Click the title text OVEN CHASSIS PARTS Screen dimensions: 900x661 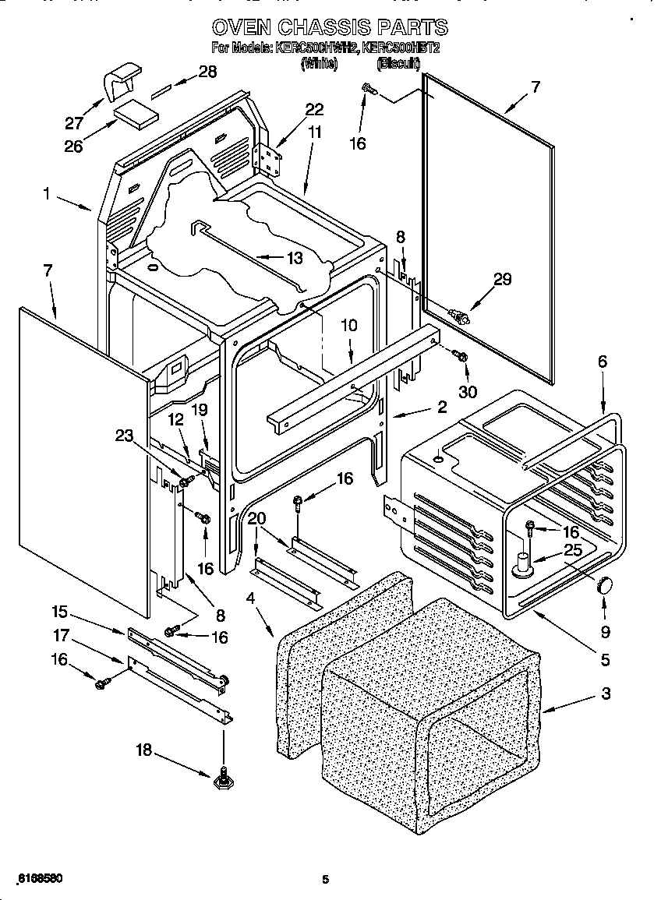coord(330,27)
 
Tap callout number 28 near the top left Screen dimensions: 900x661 coord(207,72)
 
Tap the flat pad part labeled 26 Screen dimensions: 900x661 coord(136,115)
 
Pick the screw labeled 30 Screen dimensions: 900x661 coord(460,357)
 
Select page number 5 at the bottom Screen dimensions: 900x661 coord(327,881)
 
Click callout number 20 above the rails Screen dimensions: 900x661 coord(256,520)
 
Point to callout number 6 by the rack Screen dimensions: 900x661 coord(602,362)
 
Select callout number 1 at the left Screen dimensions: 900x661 coord(48,196)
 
